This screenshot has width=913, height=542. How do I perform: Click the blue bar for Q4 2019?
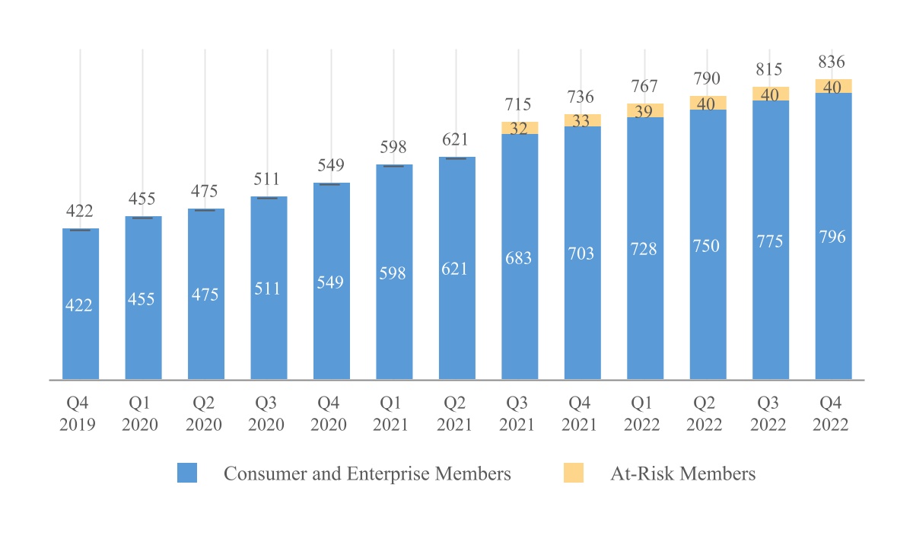pyautogui.click(x=81, y=304)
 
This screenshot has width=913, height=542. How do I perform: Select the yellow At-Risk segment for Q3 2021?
pyautogui.click(x=520, y=128)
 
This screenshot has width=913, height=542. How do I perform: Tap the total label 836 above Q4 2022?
pyautogui.click(x=833, y=62)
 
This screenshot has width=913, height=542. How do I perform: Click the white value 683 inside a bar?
pyautogui.click(x=520, y=258)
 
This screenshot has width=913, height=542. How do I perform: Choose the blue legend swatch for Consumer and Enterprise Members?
pyautogui.click(x=187, y=473)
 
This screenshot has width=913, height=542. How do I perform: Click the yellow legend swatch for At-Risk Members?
pyautogui.click(x=573, y=473)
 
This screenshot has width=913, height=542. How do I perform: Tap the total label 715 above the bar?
pyautogui.click(x=520, y=104)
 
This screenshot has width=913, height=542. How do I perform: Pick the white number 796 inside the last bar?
pyautogui.click(x=833, y=237)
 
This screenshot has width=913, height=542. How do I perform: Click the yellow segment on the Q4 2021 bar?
pyautogui.click(x=582, y=120)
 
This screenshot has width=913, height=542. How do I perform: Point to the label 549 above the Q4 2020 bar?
pyautogui.click(x=332, y=165)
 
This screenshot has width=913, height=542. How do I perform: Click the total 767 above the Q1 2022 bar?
pyautogui.click(x=645, y=86)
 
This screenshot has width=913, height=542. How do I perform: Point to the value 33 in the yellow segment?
pyautogui.click(x=582, y=120)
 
